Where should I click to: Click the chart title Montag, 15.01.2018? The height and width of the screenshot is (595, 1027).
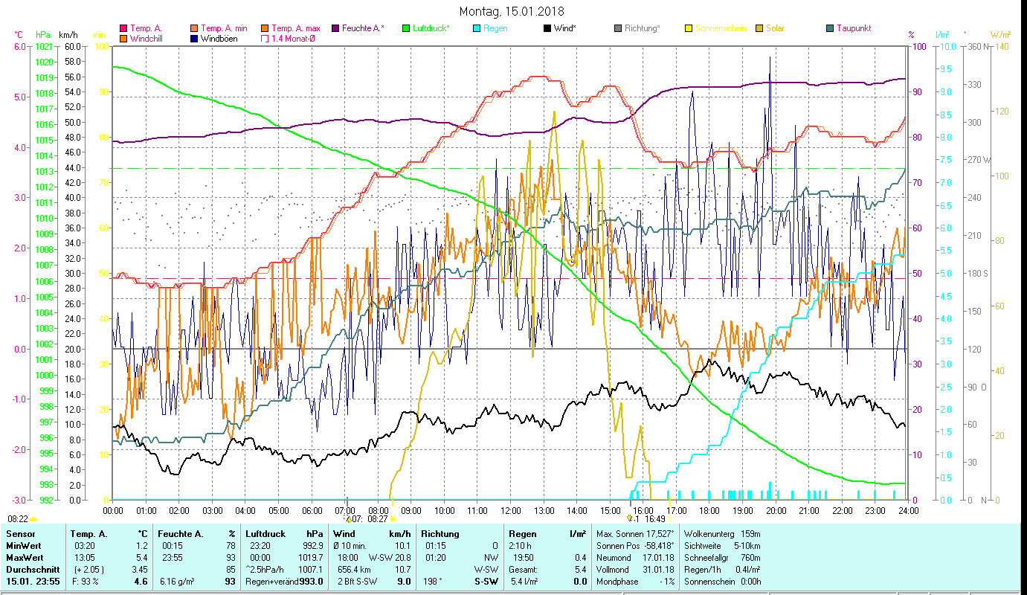(512, 11)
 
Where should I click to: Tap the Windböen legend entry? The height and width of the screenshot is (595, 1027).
(219, 38)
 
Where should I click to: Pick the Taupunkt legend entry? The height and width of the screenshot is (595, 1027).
(853, 28)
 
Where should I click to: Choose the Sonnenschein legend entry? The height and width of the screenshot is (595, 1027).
(720, 28)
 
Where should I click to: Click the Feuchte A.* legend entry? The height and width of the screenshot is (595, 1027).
(362, 28)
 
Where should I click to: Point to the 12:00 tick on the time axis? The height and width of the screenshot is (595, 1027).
(511, 511)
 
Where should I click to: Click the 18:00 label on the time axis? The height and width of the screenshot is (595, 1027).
(709, 511)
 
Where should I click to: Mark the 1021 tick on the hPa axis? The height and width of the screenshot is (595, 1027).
(45, 46)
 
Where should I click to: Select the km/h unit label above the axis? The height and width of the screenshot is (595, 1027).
(68, 35)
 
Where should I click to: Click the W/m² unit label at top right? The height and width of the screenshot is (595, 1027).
(1000, 35)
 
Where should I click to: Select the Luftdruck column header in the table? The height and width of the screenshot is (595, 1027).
(265, 533)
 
